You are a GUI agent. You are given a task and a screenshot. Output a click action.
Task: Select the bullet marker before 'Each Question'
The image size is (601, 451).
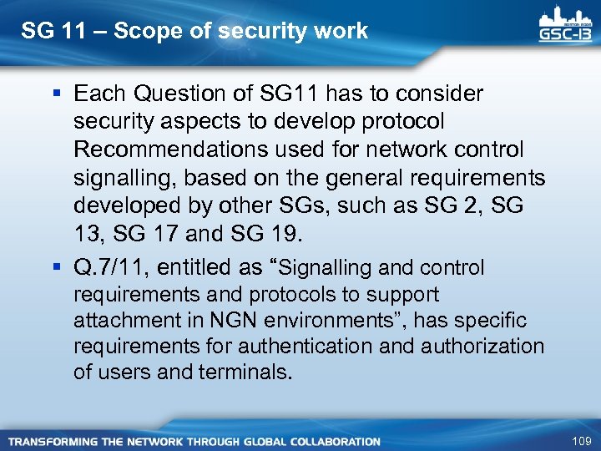pyautogui.click(x=56, y=94)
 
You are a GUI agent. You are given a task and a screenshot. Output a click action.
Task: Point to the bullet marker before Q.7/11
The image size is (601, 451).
pyautogui.click(x=56, y=267)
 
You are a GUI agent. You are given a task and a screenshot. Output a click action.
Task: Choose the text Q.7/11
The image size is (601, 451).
pyautogui.click(x=107, y=267)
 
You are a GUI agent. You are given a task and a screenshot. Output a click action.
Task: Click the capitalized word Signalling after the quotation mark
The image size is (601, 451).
pyautogui.click(x=326, y=267)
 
